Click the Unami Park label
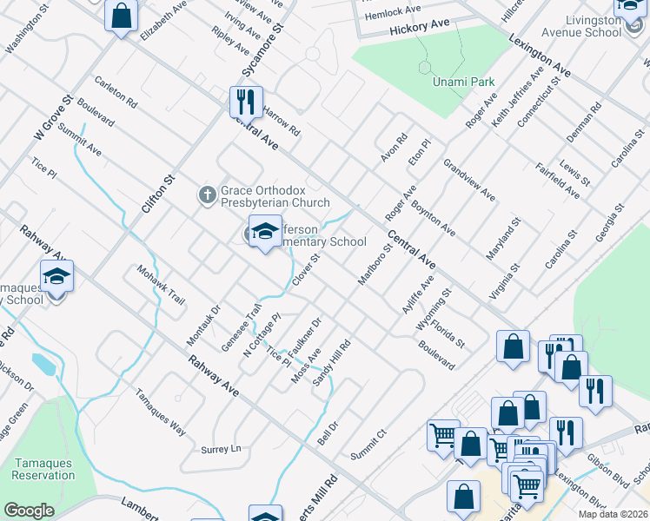point(464,82)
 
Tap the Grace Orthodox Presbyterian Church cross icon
point(207,194)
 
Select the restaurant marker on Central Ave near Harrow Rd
point(246,102)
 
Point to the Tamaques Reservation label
point(43,469)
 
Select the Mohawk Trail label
point(161,284)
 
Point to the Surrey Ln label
point(221,449)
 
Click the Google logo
point(30,511)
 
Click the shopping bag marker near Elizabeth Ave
point(122,15)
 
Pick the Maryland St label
point(503,241)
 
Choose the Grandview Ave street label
point(468,180)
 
